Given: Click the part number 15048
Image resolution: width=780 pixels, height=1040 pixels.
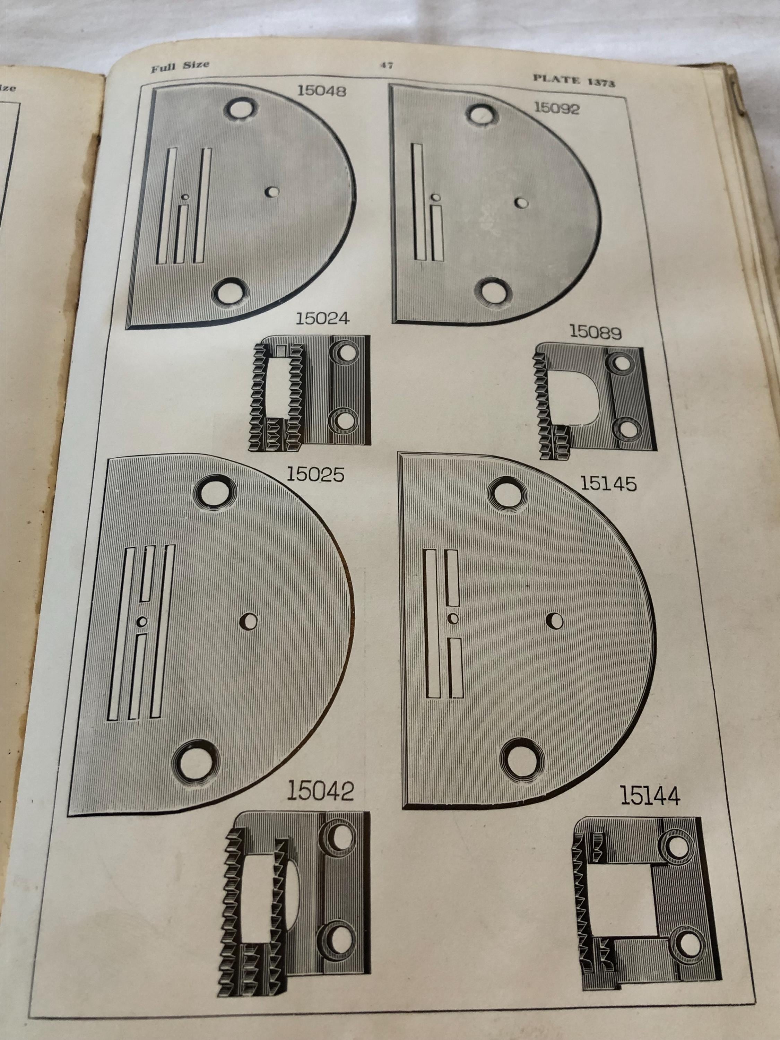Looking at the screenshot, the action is tap(322, 90).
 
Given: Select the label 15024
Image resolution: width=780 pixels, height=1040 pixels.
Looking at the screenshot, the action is tap(322, 318).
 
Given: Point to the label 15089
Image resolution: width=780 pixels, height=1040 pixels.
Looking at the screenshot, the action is tap(596, 332).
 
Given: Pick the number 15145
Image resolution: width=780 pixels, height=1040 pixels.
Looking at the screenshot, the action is tap(608, 483).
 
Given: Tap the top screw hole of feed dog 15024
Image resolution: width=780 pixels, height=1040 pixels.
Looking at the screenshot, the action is tap(347, 354).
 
